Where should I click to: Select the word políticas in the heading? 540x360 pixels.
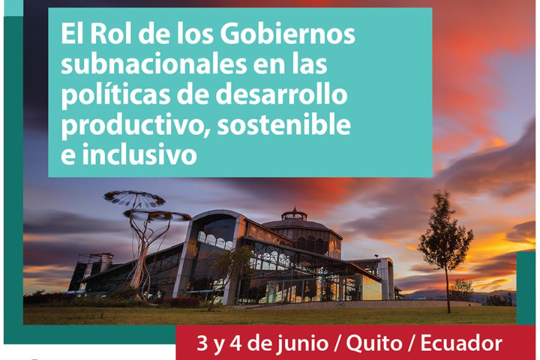click(x=116, y=95)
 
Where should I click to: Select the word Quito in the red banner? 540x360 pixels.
click(x=374, y=343)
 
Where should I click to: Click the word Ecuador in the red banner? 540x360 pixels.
click(x=461, y=343)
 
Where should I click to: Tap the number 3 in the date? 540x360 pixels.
click(x=202, y=343)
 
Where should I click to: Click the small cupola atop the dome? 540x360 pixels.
click(x=295, y=214)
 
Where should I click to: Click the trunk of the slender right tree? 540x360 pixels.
click(x=448, y=289)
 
